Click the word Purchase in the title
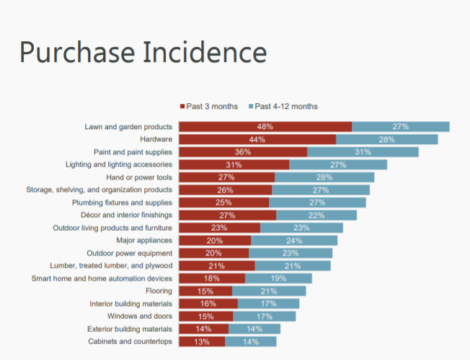pyautogui.click(x=75, y=53)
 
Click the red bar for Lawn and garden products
pyautogui.click(x=265, y=127)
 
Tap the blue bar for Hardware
pyautogui.click(x=386, y=139)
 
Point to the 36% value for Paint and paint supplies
pyautogui.click(x=243, y=152)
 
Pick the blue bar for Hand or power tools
pyautogui.click(x=324, y=177)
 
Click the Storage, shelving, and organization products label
pyautogui.click(x=99, y=190)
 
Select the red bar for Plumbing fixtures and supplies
pyautogui.click(x=223, y=203)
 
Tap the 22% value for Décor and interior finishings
pyautogui.click(x=316, y=215)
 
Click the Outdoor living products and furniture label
pyautogui.click(x=112, y=228)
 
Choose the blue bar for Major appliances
pyautogui.click(x=294, y=240)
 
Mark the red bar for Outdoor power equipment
pyautogui.click(x=213, y=253)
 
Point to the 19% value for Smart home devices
pyautogui.click(x=278, y=278)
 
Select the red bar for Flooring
pyautogui.click(x=205, y=291)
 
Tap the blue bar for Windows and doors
pyautogui.click(x=264, y=316)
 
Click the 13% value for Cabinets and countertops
pyautogui.click(x=202, y=341)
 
